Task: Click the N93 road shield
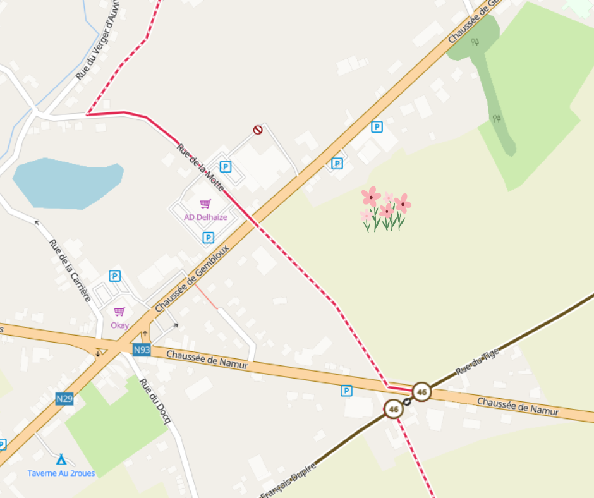(142, 349)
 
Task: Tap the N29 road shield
(64, 399)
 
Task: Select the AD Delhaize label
(205, 217)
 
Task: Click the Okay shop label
(119, 325)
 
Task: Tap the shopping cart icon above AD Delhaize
(205, 203)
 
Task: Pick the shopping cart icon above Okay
(119, 312)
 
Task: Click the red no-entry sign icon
(258, 130)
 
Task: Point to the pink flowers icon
(385, 209)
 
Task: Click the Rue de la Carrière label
(70, 270)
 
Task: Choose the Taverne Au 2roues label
(61, 473)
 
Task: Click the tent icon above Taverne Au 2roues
(61, 459)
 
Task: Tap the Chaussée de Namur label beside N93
(207, 359)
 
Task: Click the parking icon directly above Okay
(114, 276)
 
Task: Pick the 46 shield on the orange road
(422, 392)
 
